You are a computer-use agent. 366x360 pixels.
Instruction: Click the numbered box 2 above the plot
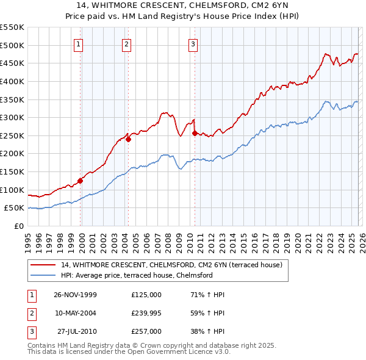point(126,43)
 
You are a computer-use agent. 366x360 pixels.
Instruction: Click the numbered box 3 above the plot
point(193,43)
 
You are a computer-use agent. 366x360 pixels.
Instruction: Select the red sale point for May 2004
point(129,139)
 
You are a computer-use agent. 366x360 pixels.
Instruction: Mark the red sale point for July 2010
point(195,133)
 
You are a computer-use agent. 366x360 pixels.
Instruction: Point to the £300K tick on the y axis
point(13,117)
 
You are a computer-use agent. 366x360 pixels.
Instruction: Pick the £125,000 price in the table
point(146,295)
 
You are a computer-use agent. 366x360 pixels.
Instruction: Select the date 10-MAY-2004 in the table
point(76,313)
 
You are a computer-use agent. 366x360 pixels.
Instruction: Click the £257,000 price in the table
point(146,331)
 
